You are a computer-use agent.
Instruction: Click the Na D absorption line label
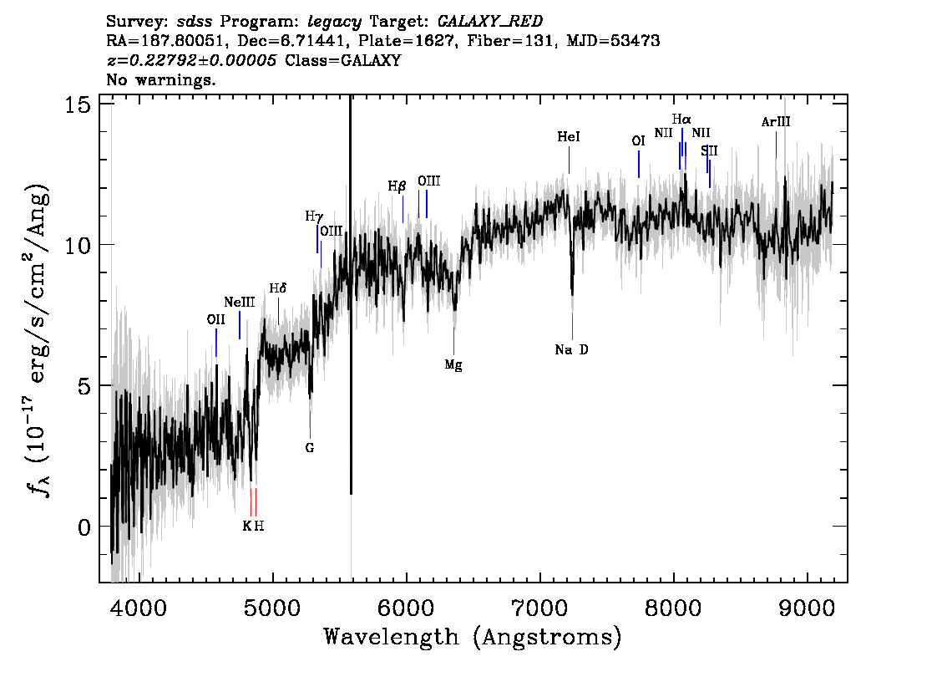coord(571,350)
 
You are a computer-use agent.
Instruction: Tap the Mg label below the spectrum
coord(453,365)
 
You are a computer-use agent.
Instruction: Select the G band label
coord(309,448)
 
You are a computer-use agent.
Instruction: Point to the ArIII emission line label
coord(776,122)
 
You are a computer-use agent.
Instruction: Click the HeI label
coord(569,137)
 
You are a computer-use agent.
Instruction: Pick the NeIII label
coord(239,303)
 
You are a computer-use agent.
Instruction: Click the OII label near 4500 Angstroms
coord(215,319)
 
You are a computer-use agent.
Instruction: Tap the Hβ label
coord(397,186)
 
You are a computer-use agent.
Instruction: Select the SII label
coord(709,150)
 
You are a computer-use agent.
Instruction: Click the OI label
coord(638,141)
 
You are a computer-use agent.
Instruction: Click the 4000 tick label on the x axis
coord(139,608)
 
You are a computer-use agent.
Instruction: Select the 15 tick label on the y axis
coord(77,104)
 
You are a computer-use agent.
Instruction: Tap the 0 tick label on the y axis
coord(84,527)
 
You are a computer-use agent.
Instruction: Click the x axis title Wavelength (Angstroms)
coord(473,638)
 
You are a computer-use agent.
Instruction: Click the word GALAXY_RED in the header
coord(490,22)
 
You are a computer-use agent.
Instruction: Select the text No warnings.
coord(160,79)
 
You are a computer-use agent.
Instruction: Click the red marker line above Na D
coord(572,327)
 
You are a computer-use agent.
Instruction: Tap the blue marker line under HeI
coord(569,160)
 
